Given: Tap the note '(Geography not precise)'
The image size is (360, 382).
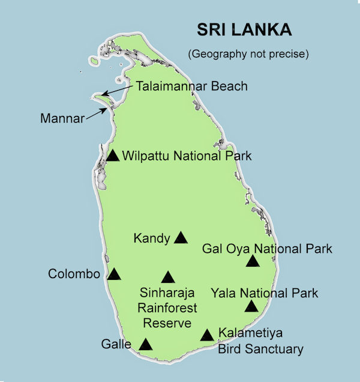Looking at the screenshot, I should click(248, 54).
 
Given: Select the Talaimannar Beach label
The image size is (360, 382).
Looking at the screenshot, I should click(191, 86).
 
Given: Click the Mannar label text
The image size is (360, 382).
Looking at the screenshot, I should click(62, 118).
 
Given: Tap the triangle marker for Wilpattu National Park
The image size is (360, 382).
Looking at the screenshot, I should click(113, 156).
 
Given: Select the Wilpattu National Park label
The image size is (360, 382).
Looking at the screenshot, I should click(187, 156).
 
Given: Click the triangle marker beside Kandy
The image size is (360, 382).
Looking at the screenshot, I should click(181, 238).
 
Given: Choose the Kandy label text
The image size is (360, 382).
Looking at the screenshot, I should click(152, 238).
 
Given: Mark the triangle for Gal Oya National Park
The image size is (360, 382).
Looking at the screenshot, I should click(253, 261).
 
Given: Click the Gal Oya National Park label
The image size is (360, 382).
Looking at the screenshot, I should click(267, 249).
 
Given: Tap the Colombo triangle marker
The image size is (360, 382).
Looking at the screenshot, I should click(114, 274).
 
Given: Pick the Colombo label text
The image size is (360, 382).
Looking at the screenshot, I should click(74, 274).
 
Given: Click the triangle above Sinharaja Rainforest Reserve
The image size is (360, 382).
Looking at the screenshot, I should click(168, 277).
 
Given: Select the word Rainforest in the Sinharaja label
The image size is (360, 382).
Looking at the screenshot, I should click(167, 308).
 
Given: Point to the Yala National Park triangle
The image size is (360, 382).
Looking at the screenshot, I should click(251, 307).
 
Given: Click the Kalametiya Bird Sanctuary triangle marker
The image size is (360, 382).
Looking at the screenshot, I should click(207, 335).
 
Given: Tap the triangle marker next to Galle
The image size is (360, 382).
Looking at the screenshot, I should click(145, 345).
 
